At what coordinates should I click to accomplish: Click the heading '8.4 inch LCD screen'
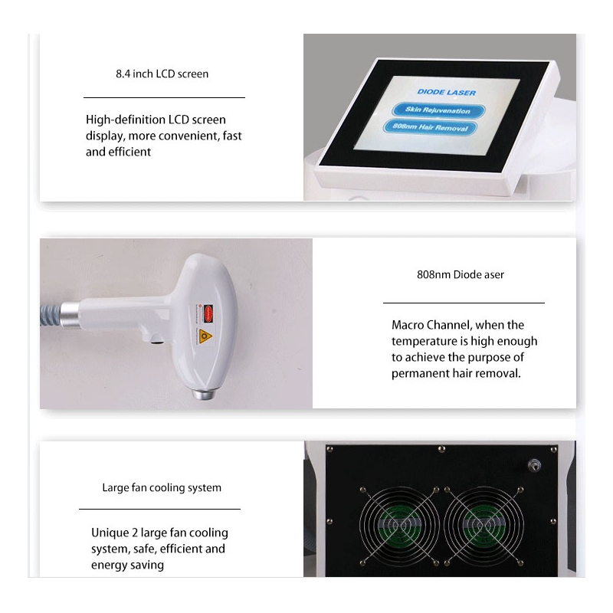[x=162, y=74]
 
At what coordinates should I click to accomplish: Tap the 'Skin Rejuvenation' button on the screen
[x=438, y=110]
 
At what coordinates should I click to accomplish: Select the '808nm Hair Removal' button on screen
[x=430, y=127]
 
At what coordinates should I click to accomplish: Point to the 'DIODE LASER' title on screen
[x=447, y=92]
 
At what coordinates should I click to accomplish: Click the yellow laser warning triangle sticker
[x=205, y=336]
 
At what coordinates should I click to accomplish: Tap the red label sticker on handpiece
[x=208, y=313]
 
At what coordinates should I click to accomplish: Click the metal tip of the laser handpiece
[x=204, y=393]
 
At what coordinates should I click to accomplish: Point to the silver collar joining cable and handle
[x=70, y=315]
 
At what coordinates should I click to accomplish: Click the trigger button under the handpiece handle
[x=158, y=341]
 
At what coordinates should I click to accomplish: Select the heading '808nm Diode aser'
[x=461, y=275]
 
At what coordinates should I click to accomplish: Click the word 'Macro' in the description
[x=408, y=325]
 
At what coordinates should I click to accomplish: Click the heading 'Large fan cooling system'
[x=162, y=488]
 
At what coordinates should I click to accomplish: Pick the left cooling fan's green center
[x=399, y=525]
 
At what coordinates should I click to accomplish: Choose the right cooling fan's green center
[x=484, y=525]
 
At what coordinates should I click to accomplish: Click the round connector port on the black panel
[x=533, y=465]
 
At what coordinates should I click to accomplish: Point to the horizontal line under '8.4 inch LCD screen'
[x=164, y=97]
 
